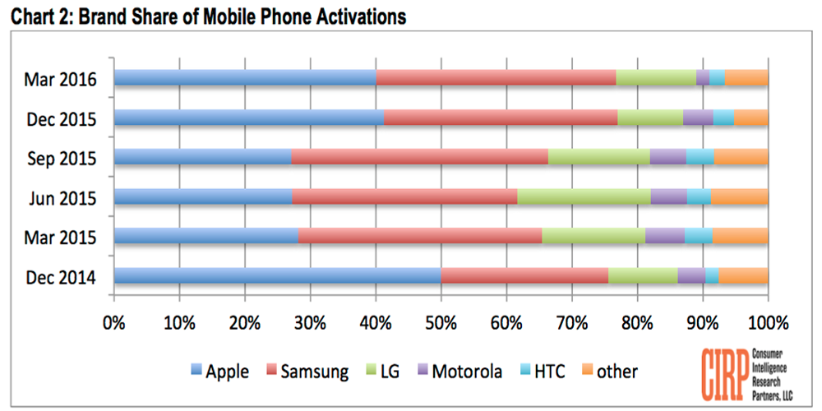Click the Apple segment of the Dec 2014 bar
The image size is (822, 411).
pyautogui.click(x=277, y=275)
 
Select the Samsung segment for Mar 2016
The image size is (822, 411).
pyautogui.click(x=496, y=78)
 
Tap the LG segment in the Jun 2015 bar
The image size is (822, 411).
pyautogui.click(x=584, y=196)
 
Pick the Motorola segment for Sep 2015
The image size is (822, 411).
pyautogui.click(x=667, y=157)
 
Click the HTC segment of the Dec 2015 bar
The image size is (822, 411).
pyautogui.click(x=723, y=118)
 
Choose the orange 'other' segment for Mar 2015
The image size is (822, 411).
pyautogui.click(x=740, y=236)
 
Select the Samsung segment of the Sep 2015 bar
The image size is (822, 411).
pyautogui.click(x=419, y=157)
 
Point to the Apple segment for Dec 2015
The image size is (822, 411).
pyautogui.click(x=248, y=118)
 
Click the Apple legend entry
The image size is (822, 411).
pyautogui.click(x=219, y=372)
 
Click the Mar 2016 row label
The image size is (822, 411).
pyautogui.click(x=61, y=80)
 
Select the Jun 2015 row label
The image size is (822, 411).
pyautogui.click(x=61, y=198)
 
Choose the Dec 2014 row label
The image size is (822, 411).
pyautogui.click(x=61, y=278)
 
